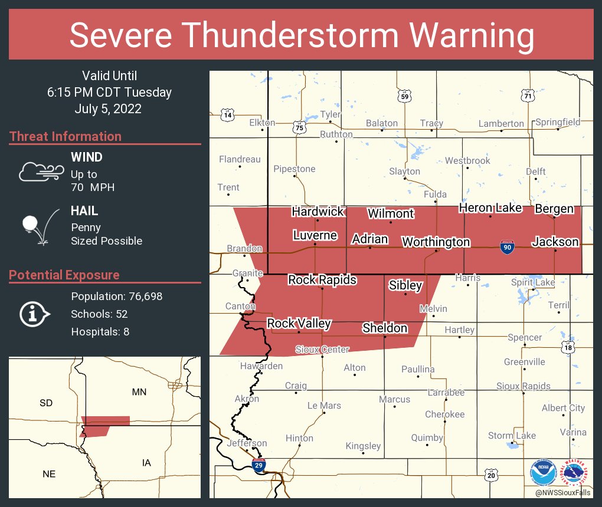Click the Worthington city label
436,242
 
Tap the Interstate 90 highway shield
506,248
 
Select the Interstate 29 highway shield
258,466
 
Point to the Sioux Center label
322,350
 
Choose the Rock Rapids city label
322,279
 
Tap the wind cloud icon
40,172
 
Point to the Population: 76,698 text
116,297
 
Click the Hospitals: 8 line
100,332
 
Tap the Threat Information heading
65,137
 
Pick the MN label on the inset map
139,392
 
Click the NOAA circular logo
543,472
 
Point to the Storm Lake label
512,436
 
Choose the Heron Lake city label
490,208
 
